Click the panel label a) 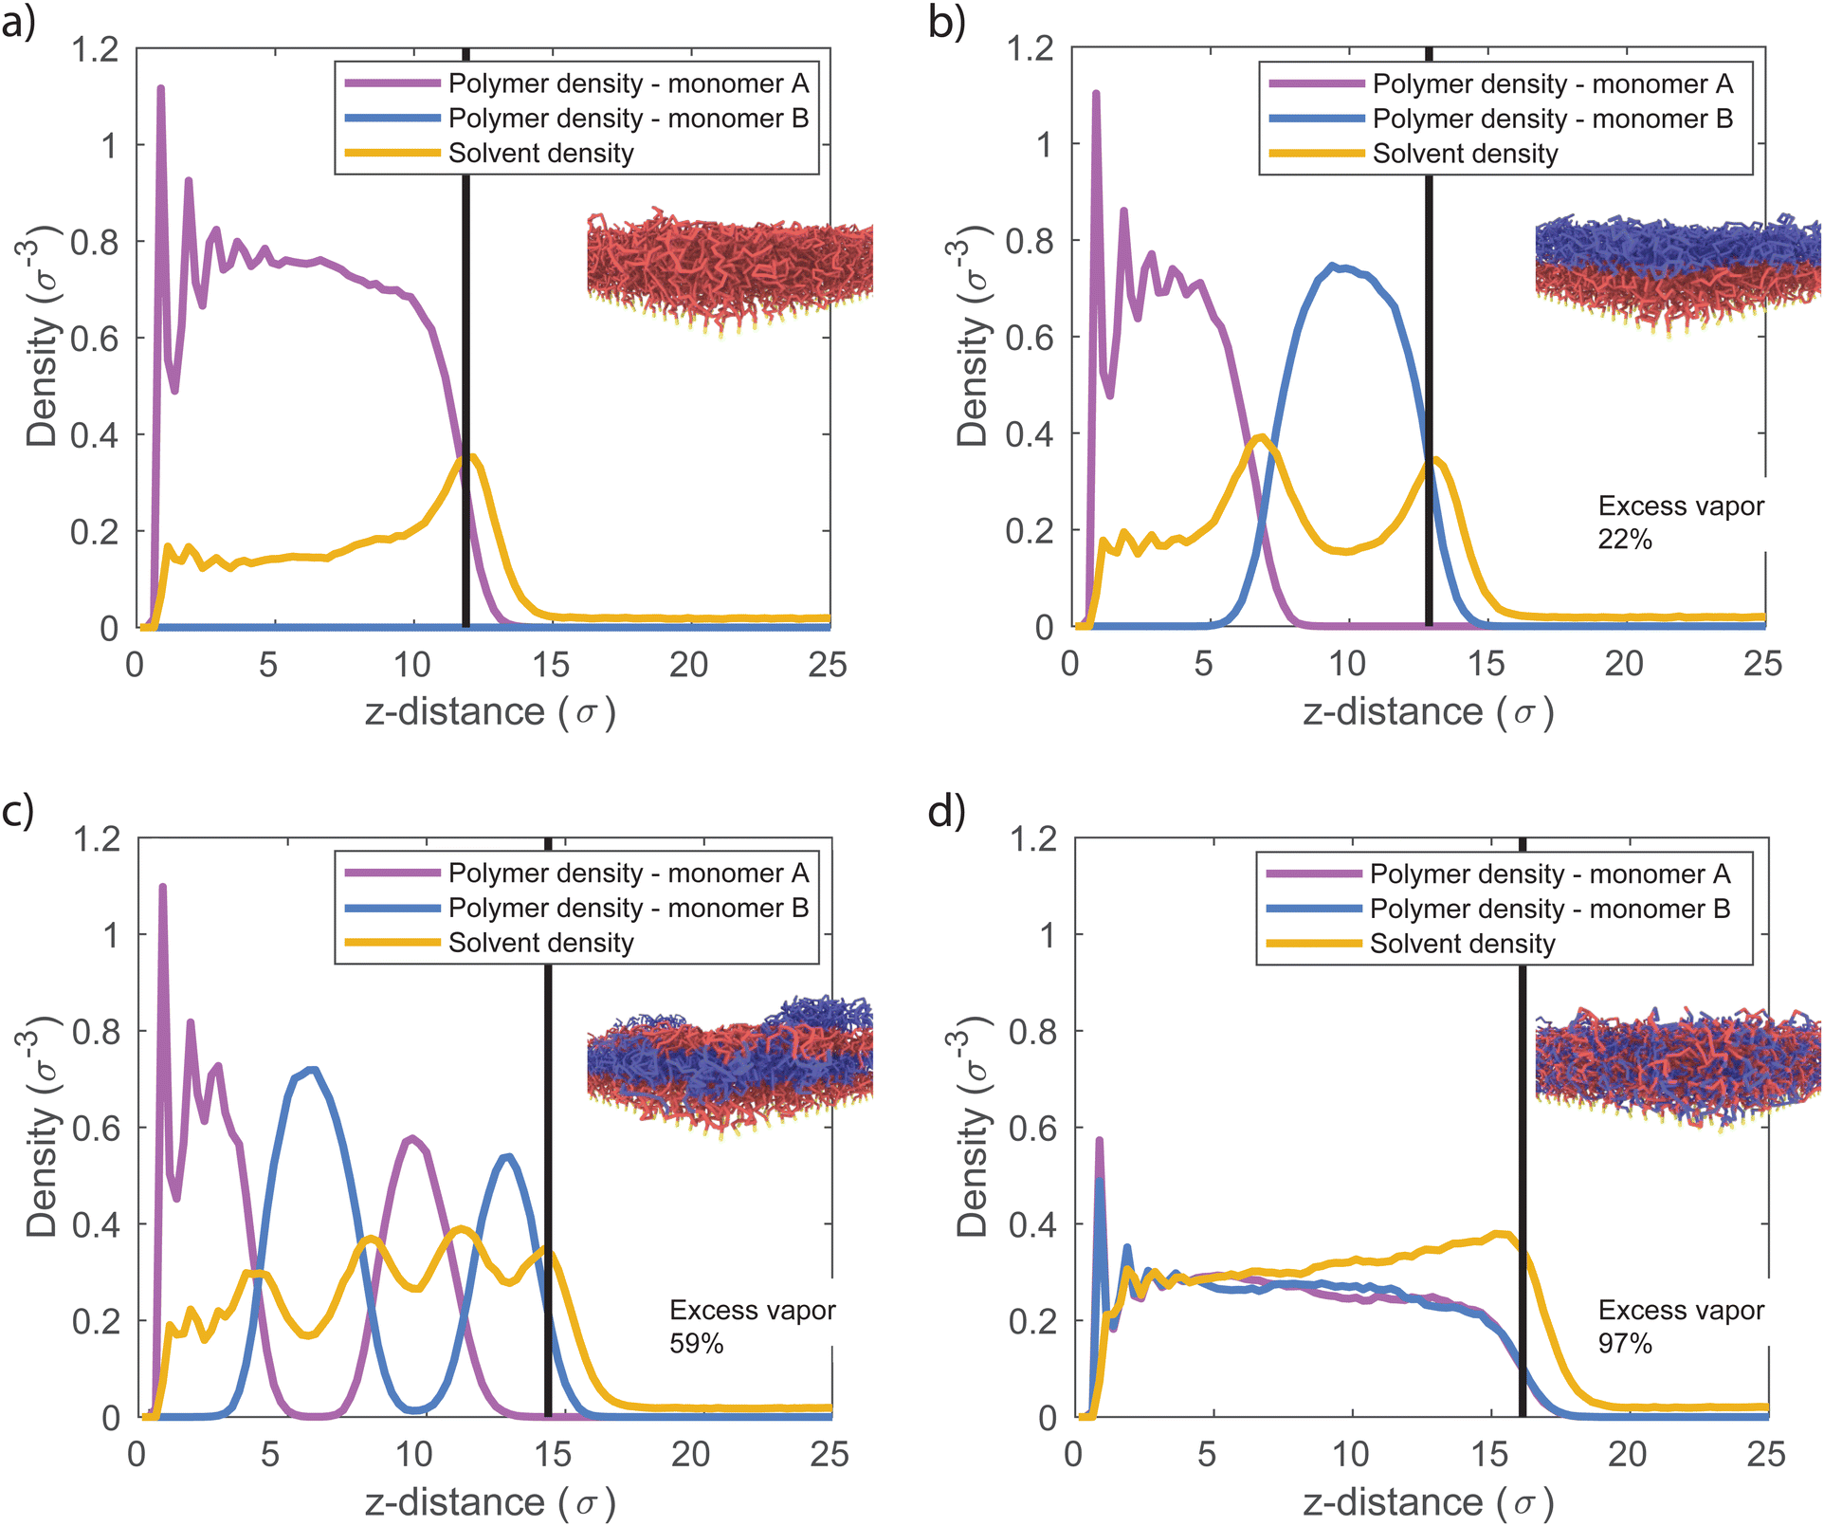[x=18, y=22]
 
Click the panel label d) [x=945, y=812]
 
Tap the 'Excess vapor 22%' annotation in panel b [x=1680, y=523]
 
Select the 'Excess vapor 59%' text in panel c [x=752, y=1327]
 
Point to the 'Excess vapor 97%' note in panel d [x=1680, y=1327]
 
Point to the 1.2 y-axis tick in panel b [x=1031, y=47]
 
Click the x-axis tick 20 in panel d [x=1627, y=1455]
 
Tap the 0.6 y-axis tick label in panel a [x=95, y=339]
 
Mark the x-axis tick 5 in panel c [x=270, y=1455]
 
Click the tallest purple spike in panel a [x=160, y=89]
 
